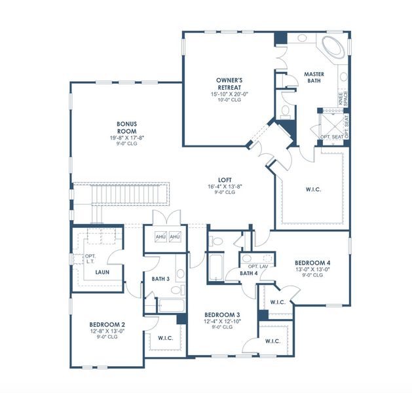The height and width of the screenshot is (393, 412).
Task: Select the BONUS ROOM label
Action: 126,127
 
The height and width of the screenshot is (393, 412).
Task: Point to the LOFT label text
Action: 226,178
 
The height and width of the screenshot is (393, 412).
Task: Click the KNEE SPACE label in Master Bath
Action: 343,98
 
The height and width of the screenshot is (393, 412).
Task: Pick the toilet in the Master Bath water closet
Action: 286,113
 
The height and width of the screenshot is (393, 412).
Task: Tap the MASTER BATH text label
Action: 314,78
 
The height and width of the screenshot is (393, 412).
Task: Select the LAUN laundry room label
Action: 102,272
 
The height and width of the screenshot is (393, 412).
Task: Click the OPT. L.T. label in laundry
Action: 90,259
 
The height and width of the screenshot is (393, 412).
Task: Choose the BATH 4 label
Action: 248,273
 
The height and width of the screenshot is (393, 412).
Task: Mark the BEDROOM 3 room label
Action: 218,314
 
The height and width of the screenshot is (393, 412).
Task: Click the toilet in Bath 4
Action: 217,242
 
